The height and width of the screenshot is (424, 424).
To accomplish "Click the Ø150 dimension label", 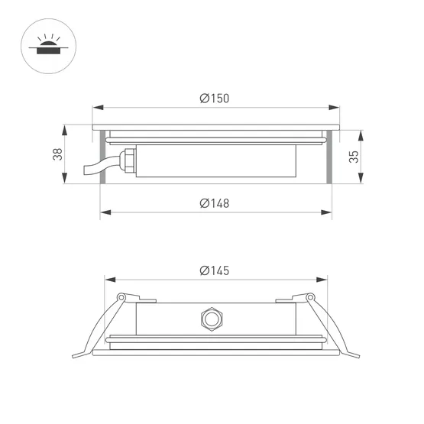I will click(214, 98).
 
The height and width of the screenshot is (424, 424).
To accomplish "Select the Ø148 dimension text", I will click(214, 203).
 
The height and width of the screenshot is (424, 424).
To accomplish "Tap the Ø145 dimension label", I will click(214, 270).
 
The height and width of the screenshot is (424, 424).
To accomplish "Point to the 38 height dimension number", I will click(57, 154).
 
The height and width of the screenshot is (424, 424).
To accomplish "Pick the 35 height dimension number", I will click(353, 157).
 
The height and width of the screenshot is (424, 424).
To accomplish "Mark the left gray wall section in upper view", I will click(100, 157).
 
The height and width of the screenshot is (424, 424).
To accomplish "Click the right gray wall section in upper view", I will click(329, 157).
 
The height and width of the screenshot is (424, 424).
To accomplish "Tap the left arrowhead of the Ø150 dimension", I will click(95, 107).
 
